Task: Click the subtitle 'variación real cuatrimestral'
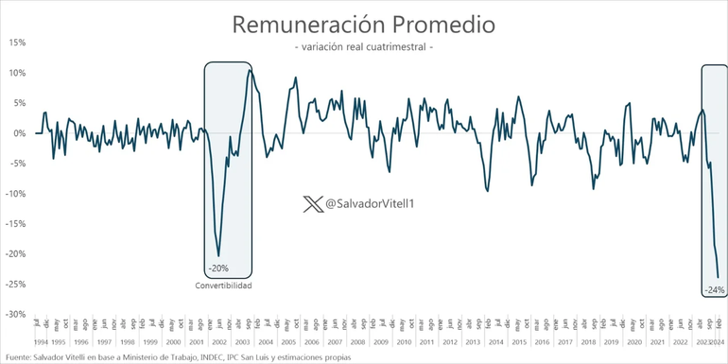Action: [364, 47]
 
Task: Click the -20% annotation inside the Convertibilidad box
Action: [217, 268]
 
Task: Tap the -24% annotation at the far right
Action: [713, 289]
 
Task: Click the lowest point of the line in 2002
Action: [219, 256]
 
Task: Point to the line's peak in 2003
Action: [250, 70]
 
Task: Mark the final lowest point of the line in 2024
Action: [719, 277]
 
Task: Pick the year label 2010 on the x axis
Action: [404, 341]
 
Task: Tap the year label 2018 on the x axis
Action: [588, 341]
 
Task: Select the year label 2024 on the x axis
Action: [719, 341]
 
